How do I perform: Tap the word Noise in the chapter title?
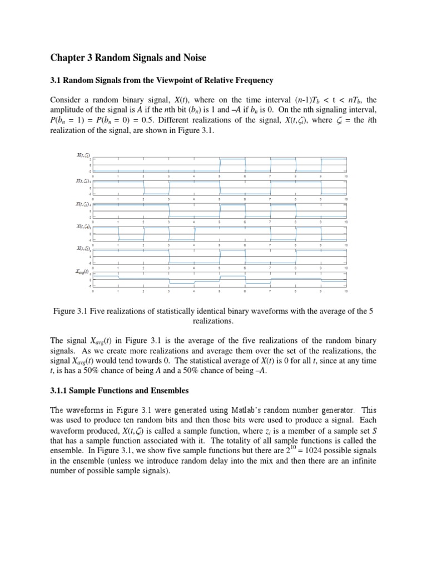[191, 57]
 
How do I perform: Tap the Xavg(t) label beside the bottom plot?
[83, 272]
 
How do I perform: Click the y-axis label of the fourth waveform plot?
[84, 226]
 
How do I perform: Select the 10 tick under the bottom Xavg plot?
[346, 291]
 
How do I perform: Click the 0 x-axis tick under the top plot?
[93, 177]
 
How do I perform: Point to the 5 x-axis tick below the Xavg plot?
[220, 291]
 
